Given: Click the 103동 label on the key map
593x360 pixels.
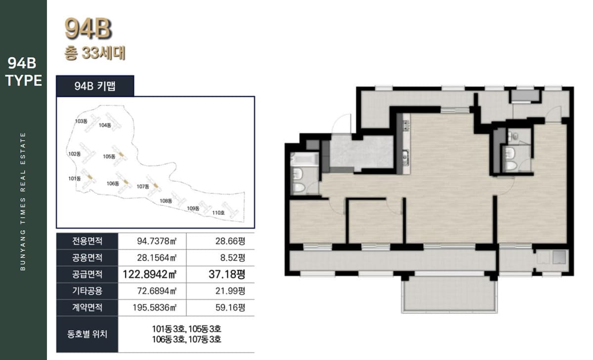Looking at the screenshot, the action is [81, 121].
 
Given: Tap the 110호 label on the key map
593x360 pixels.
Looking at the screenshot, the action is [218, 213].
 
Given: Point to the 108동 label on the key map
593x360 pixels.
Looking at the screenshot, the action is [166, 201].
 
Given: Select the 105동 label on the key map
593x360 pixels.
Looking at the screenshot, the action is [109, 157].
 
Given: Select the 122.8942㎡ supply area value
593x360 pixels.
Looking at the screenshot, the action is [150, 274].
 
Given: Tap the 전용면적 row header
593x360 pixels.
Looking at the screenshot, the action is [87, 241].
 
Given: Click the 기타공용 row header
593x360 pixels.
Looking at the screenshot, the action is [87, 291].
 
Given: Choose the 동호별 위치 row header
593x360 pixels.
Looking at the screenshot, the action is [87, 334].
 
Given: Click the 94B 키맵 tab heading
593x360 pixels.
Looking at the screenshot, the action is [95, 86].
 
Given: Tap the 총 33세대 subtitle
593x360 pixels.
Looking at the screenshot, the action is [95, 53].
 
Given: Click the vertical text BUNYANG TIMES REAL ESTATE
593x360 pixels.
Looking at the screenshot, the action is [23, 201].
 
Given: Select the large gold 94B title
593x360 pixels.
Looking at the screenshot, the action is [88, 28].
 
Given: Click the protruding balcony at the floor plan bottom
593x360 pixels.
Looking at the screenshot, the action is [449, 294].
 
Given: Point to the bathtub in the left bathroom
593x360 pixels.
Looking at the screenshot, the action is [304, 159].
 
